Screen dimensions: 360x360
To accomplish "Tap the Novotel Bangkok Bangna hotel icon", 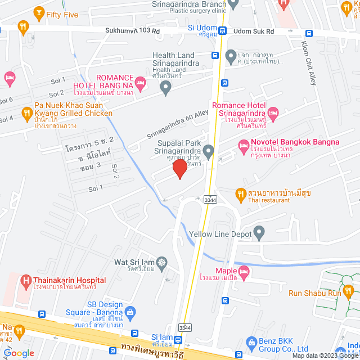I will pos(244,148).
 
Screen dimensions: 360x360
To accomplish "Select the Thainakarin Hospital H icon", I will pos(25,280).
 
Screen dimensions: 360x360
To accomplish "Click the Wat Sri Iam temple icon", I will pos(162,262).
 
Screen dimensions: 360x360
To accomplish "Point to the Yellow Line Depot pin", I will pos(259,231).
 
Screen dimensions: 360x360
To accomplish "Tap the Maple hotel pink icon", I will pos(244,273).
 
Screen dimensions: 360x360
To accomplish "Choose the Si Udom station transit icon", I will pos(223,31).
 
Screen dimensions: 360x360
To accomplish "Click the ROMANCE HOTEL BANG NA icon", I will pos(140,84).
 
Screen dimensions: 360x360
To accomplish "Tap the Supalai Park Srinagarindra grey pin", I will pos(208,150).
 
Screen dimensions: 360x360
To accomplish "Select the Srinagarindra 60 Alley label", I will pos(177,124).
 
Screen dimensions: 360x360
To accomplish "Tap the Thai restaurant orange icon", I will pos(240,194).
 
